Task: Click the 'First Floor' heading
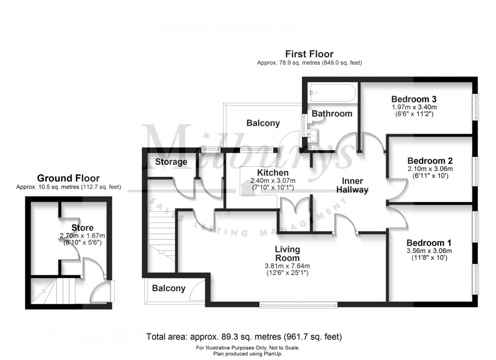309,54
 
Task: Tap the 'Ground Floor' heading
68,178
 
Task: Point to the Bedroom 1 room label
425,243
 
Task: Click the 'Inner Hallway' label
353,185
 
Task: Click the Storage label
171,162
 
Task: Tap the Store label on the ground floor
82,227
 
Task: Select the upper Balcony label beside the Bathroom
263,123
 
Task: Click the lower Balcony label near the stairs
169,288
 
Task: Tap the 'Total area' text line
244,336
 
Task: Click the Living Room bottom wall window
298,305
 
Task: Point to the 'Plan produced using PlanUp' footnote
248,354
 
